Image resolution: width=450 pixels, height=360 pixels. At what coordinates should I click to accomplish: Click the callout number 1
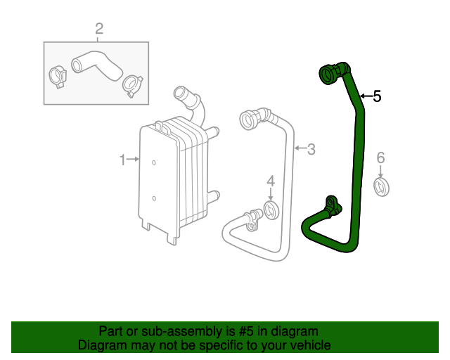(122, 160)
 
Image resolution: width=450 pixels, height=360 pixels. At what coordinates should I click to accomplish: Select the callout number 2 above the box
(99, 29)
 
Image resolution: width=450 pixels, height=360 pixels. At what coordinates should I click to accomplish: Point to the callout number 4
(271, 182)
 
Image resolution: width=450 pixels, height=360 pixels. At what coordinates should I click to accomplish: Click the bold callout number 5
(377, 96)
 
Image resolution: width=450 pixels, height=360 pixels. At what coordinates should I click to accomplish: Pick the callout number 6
(380, 157)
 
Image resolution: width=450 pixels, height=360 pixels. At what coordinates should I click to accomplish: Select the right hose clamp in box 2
(131, 84)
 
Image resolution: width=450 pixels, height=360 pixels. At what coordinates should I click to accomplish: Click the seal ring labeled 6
(380, 188)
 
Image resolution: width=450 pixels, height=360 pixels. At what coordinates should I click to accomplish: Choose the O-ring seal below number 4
(271, 209)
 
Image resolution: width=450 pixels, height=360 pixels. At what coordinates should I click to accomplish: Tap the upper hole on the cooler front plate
(153, 162)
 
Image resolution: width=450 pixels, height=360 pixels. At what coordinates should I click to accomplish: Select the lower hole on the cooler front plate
(153, 199)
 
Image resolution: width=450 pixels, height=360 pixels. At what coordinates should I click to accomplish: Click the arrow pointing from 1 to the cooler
(133, 160)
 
